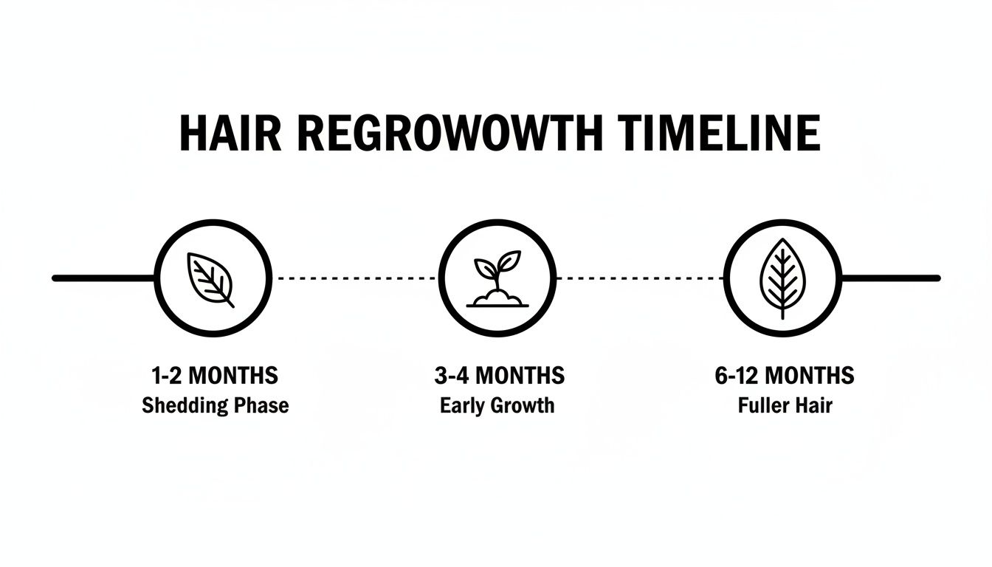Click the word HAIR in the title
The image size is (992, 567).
pyautogui.click(x=229, y=134)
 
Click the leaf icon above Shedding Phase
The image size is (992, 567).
pyautogui.click(x=211, y=279)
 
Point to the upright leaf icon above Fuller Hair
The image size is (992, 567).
pyautogui.click(x=782, y=279)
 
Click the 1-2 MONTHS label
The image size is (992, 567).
pyautogui.click(x=215, y=376)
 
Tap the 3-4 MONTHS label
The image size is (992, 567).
pyautogui.click(x=500, y=376)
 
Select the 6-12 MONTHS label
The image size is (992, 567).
pyautogui.click(x=785, y=376)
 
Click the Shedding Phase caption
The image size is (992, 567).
pyautogui.click(x=215, y=405)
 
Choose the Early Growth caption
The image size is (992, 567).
pyautogui.click(x=497, y=405)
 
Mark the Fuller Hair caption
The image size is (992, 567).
pyautogui.click(x=785, y=405)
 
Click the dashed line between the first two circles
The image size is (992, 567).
pyautogui.click(x=355, y=278)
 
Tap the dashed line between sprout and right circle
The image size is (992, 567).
pyautogui.click(x=639, y=278)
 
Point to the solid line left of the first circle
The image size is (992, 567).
pyautogui.click(x=103, y=278)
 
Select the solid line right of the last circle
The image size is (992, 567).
pyautogui.click(x=889, y=278)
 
